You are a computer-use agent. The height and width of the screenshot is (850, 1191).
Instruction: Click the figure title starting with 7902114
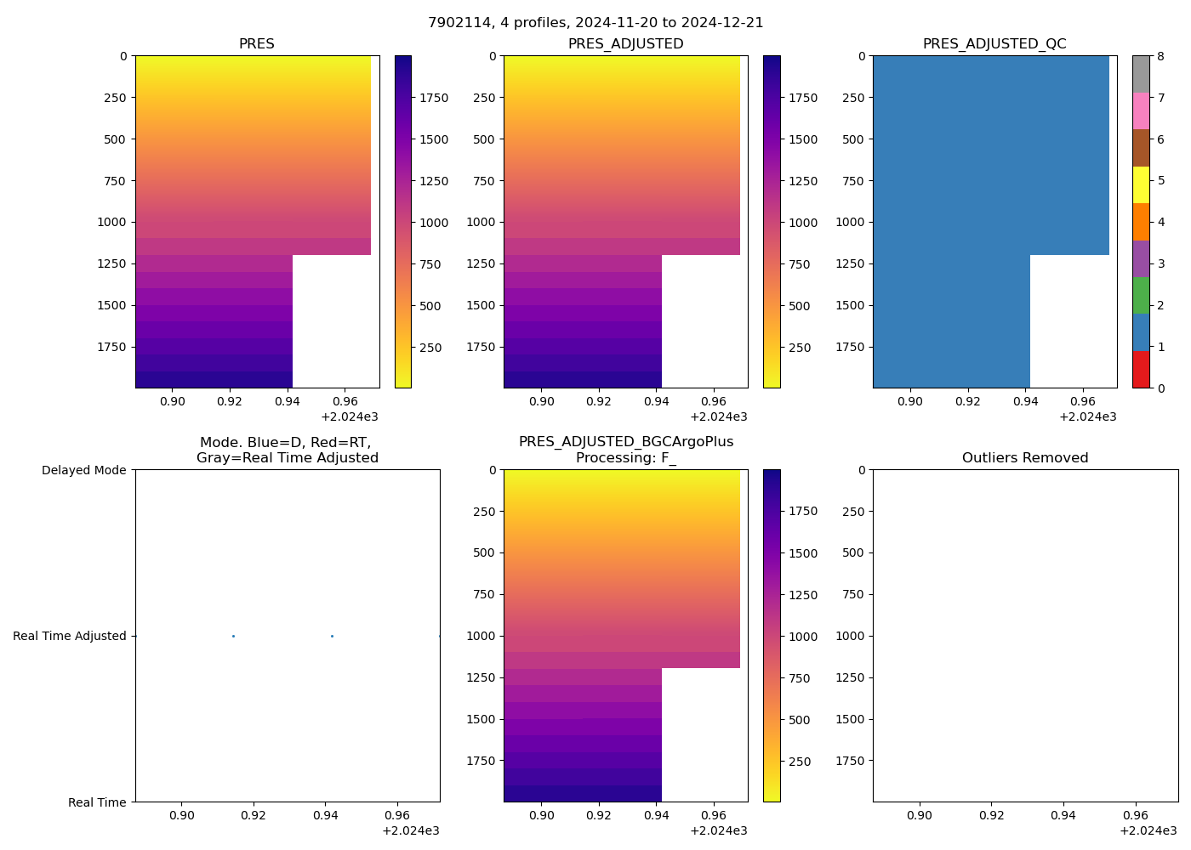595,23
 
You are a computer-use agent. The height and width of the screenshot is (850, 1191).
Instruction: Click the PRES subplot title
256,44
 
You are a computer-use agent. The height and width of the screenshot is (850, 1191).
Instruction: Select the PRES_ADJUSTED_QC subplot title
994,44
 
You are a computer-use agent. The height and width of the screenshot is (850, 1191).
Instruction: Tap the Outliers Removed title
1025,458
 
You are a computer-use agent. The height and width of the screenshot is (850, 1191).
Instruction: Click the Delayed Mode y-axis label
83,470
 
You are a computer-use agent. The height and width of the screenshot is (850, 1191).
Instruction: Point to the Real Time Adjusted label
70,636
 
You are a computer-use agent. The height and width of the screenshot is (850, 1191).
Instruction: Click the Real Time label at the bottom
97,802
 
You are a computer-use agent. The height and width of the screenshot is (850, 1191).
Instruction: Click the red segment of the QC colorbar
1141,370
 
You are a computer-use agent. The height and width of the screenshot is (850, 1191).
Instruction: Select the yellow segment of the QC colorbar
1141,184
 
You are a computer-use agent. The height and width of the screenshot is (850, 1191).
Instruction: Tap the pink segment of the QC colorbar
1141,110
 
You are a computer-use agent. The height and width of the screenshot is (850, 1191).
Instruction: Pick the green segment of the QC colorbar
1141,295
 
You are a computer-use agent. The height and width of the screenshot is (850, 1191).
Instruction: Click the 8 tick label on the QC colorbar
1160,56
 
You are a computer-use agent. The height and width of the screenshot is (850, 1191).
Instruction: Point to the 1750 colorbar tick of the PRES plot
434,98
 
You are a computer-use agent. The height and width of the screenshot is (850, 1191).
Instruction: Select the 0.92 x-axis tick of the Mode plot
254,816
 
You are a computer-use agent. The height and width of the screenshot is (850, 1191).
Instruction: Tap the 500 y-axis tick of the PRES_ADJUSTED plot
483,139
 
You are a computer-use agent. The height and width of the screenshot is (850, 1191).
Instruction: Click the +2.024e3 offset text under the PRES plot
350,416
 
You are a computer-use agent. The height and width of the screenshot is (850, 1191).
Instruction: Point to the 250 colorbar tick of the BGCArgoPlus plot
800,762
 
